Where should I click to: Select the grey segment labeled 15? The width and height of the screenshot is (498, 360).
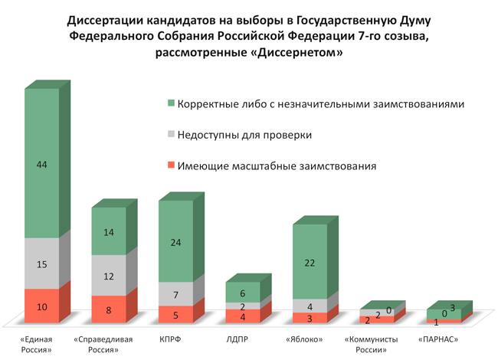(x=41, y=264)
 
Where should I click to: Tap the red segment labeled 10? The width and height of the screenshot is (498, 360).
(x=41, y=306)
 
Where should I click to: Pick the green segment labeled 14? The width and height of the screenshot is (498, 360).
(x=109, y=231)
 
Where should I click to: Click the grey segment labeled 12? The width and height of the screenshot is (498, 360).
(x=109, y=276)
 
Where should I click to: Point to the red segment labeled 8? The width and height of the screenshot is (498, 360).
(x=109, y=309)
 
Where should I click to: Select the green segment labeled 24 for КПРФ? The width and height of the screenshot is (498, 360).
(x=175, y=242)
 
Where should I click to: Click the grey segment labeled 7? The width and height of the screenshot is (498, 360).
(x=175, y=294)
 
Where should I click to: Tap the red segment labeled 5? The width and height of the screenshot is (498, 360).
(x=175, y=314)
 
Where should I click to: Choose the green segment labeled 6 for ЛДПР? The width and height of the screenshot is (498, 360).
(x=243, y=293)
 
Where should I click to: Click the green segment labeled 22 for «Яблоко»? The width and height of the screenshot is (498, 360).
(x=310, y=262)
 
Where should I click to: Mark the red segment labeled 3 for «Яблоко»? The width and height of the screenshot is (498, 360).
(x=310, y=317)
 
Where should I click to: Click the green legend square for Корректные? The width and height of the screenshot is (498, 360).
(x=171, y=104)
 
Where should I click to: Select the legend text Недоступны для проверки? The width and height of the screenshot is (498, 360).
(x=244, y=135)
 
